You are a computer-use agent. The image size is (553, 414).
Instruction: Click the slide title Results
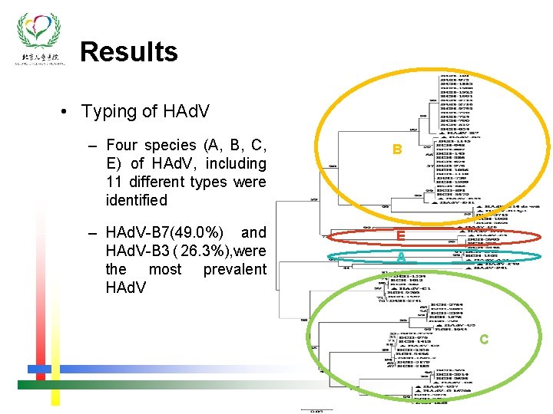point(128,51)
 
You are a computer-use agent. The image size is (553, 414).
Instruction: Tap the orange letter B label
point(396,150)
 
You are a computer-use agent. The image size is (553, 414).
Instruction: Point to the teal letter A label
point(400,258)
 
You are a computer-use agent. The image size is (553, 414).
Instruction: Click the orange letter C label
point(483,339)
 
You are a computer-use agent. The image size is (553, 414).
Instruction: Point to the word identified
point(136,200)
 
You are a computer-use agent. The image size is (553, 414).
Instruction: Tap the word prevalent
point(234,269)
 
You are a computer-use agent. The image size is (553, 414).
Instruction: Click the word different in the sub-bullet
point(157,182)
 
